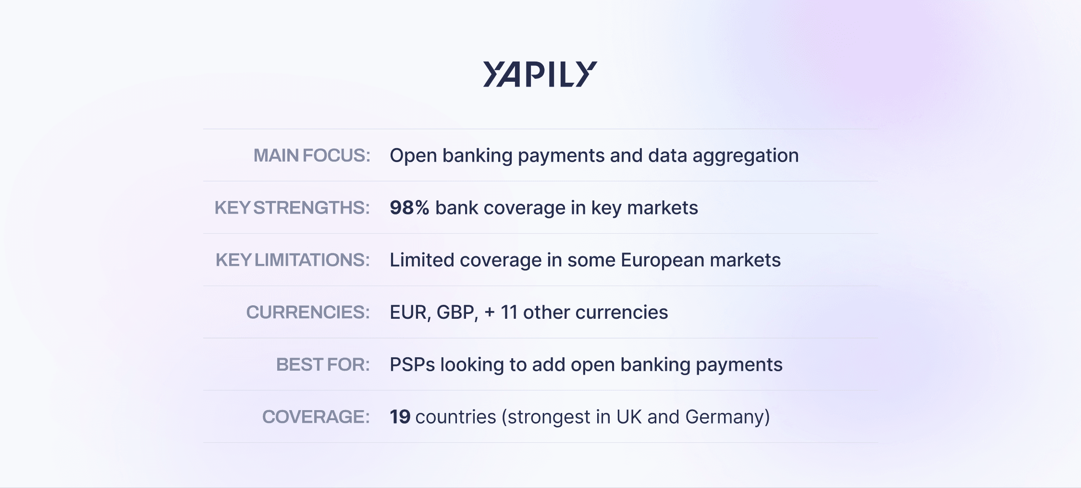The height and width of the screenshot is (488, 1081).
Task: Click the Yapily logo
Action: [x=540, y=74]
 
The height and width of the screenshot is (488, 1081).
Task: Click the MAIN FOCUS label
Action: [x=312, y=155]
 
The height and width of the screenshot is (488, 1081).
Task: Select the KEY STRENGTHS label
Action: [x=292, y=208]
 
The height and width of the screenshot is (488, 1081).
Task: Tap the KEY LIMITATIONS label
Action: [x=293, y=260]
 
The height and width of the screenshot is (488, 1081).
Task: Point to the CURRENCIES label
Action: [x=308, y=313]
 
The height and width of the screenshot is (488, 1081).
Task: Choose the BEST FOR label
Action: [x=323, y=365]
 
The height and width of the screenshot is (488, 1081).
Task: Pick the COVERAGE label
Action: [x=316, y=417]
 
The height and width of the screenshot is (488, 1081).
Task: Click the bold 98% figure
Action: [x=409, y=208]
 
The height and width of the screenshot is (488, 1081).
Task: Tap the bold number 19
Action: [x=400, y=417]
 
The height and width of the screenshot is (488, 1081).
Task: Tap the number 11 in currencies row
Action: [x=509, y=313]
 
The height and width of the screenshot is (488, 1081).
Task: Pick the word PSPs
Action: [x=412, y=365]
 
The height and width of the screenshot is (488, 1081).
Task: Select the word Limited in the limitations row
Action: [x=422, y=260]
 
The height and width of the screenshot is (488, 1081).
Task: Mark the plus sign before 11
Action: [x=490, y=313]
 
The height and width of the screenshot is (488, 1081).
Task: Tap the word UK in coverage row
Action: [x=629, y=417]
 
